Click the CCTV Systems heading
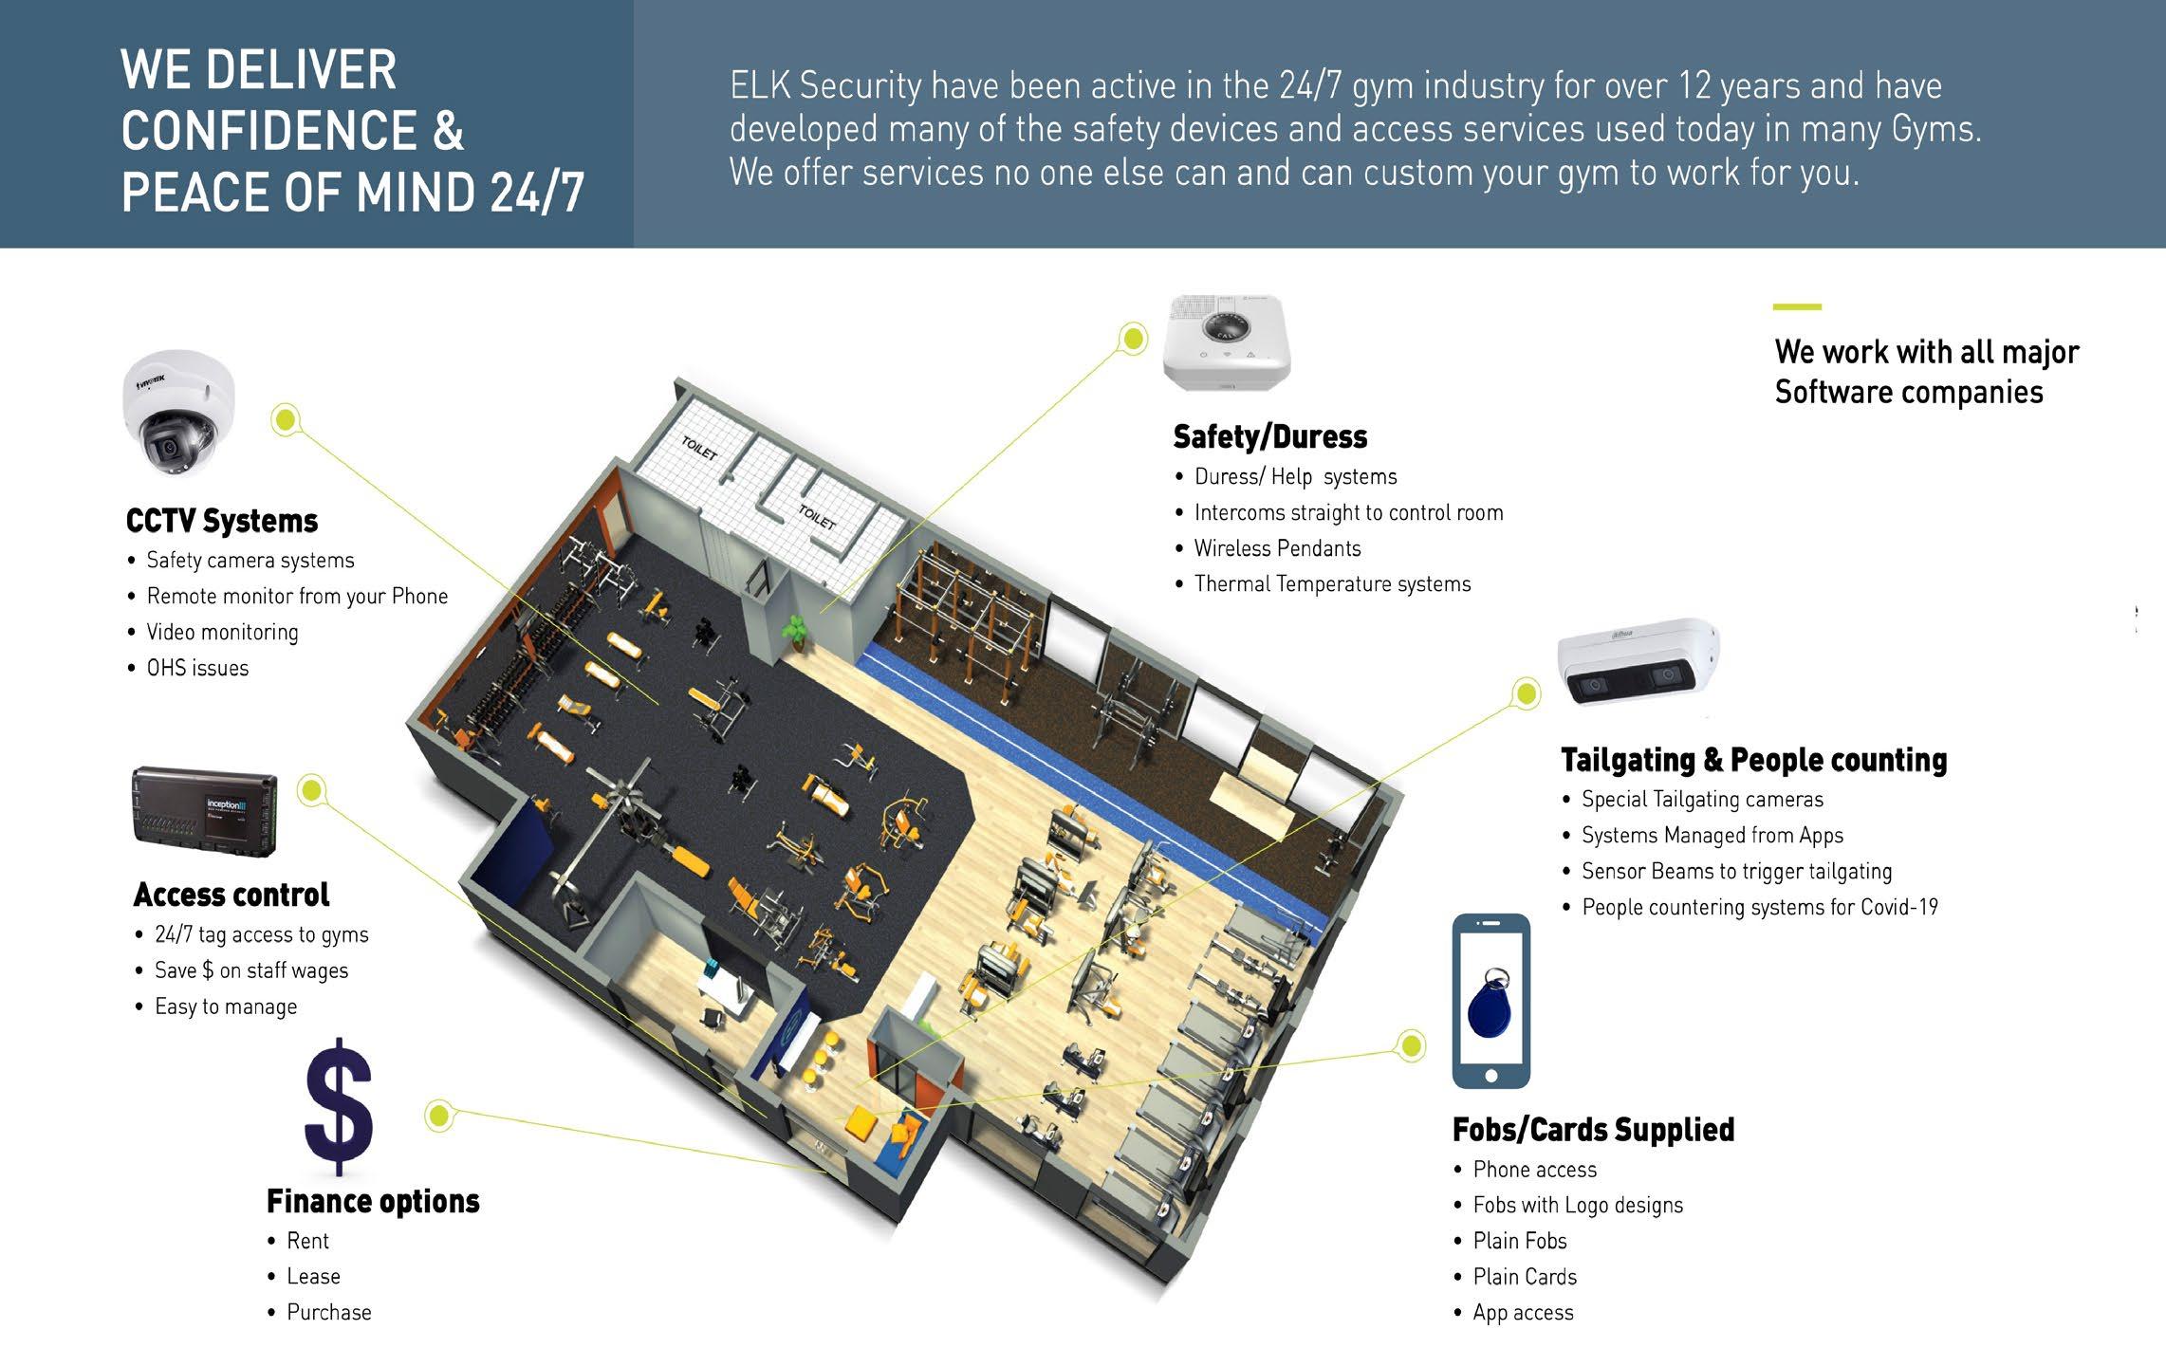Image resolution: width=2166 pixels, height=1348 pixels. (222, 521)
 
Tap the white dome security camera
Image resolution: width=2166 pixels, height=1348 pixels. (179, 412)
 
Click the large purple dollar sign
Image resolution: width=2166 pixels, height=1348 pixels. (339, 1106)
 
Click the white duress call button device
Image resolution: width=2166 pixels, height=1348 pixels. (1227, 342)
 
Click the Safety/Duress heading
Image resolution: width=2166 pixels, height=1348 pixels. (1270, 437)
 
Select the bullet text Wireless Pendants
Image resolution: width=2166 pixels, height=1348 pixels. (1277, 548)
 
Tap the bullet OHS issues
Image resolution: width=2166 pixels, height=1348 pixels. (197, 668)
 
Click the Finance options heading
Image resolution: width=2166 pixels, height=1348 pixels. (373, 1202)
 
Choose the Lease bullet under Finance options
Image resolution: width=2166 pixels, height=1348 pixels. (313, 1277)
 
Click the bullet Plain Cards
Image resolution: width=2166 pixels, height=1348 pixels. (1525, 1277)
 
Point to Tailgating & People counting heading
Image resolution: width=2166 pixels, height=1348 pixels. (1753, 760)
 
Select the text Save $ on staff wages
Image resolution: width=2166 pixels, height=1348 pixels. (251, 970)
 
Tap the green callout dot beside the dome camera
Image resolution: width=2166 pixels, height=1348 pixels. (286, 419)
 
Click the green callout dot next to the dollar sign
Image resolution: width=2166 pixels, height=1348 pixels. (438, 1116)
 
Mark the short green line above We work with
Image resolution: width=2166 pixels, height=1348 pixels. (1797, 307)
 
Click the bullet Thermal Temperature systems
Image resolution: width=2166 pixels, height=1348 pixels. (1332, 584)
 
